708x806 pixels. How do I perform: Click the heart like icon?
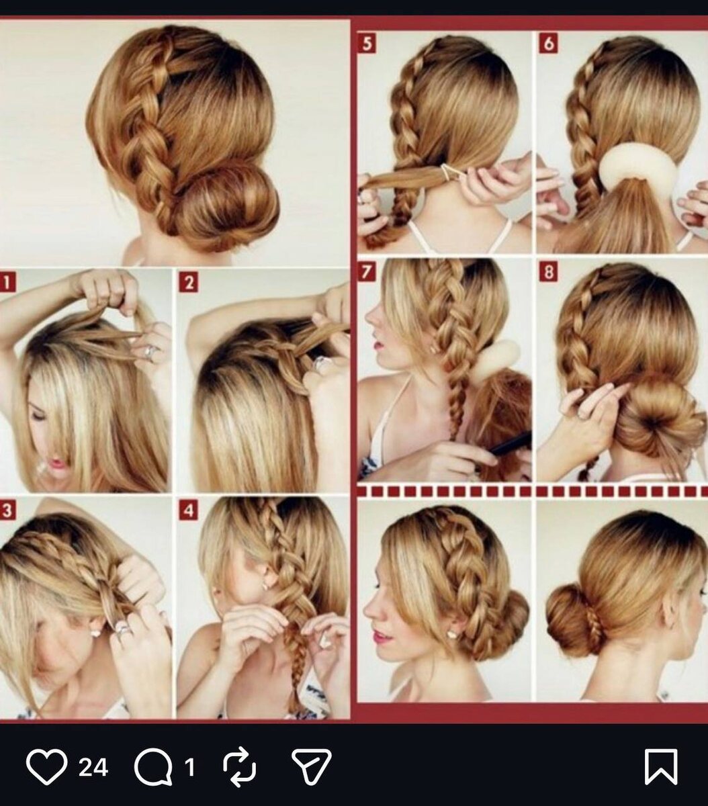[46, 766]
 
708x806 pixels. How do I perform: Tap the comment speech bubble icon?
[153, 766]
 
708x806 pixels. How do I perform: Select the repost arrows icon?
[239, 766]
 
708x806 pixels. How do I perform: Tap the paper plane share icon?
[312, 766]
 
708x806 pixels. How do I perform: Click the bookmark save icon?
[661, 766]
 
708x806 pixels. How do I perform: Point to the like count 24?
[93, 766]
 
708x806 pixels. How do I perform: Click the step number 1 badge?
[7, 282]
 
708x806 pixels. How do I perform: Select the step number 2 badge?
[189, 283]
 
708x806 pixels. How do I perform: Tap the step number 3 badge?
[7, 510]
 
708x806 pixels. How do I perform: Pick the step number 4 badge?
[189, 510]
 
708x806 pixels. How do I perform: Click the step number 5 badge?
[367, 44]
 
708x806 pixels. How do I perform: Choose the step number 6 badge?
[549, 44]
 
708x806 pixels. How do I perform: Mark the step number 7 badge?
[367, 272]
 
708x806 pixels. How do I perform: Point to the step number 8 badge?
[549, 272]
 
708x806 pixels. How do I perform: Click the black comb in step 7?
[508, 443]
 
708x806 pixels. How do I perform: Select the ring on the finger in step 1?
[152, 351]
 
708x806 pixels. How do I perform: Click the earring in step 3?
[95, 632]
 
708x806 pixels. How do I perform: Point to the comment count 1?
[189, 766]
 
